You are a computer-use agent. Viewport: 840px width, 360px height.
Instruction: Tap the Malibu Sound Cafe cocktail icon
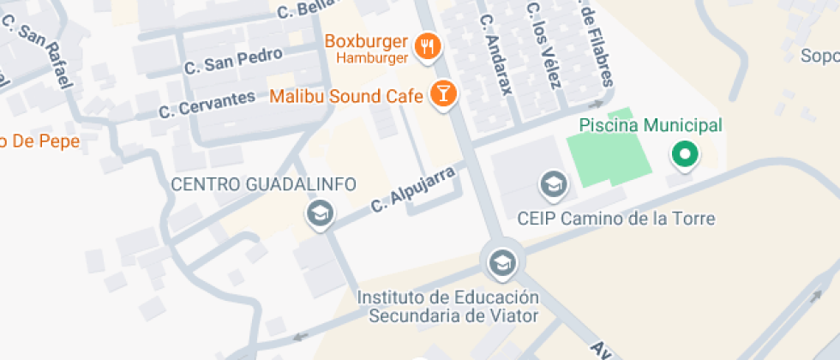442,93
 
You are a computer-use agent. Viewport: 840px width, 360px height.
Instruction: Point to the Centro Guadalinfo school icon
321,213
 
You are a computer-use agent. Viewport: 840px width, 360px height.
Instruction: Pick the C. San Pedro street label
233,60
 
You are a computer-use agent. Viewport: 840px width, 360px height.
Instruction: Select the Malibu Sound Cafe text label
346,95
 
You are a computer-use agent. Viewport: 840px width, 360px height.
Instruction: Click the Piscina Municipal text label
651,125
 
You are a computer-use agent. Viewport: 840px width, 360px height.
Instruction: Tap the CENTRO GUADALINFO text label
263,184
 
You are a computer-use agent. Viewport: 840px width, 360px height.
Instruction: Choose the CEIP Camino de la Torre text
615,219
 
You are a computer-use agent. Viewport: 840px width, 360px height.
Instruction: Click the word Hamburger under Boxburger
371,58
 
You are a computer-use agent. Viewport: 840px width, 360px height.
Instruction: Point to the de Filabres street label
598,47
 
